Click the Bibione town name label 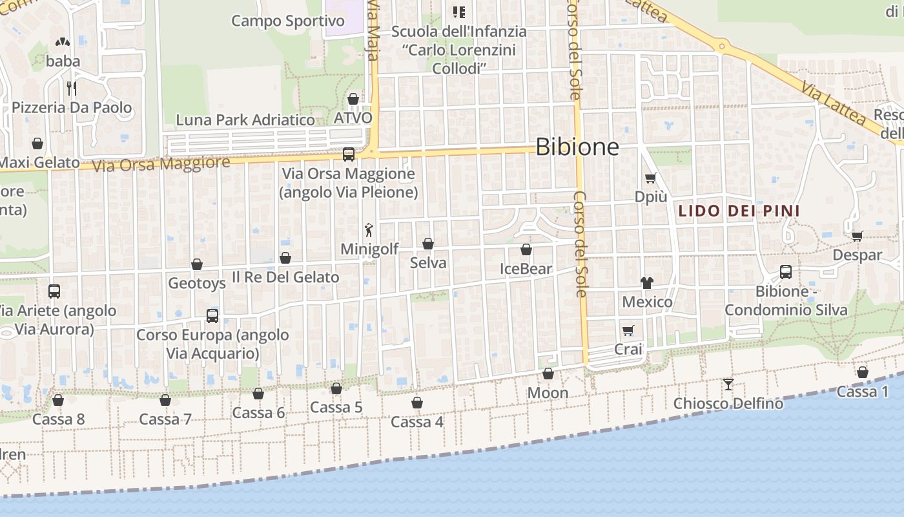[577, 147]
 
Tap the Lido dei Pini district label [739, 211]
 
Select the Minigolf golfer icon [369, 230]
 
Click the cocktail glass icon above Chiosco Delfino [728, 385]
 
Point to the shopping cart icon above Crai [628, 331]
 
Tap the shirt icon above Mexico [647, 282]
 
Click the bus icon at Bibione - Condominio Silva [786, 272]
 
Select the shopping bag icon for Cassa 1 [863, 373]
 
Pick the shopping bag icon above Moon [548, 374]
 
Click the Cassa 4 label [417, 423]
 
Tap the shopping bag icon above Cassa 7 [165, 400]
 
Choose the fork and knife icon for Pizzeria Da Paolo [72, 88]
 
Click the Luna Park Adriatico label [245, 120]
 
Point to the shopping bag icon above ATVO [353, 99]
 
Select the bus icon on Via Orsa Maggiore [349, 154]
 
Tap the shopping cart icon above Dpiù [651, 178]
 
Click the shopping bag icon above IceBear [526, 249]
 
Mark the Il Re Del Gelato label [285, 277]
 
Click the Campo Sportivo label [288, 21]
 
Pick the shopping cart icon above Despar [858, 236]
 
